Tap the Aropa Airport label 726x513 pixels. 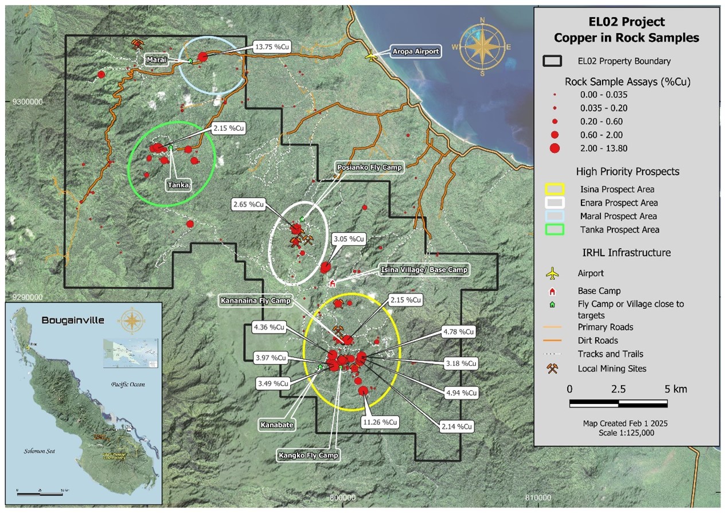coord(416,52)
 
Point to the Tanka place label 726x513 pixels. coord(178,185)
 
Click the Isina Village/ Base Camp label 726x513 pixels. coord(425,269)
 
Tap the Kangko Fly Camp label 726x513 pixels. coord(308,456)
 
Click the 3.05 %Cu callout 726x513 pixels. coord(349,238)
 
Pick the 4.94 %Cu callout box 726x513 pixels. coord(460,393)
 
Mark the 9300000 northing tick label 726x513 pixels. coord(28,103)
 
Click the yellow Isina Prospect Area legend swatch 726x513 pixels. coord(554,190)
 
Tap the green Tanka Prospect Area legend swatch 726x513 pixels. coord(554,230)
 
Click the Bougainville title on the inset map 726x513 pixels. coord(73,320)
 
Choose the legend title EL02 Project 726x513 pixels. coord(627,22)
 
